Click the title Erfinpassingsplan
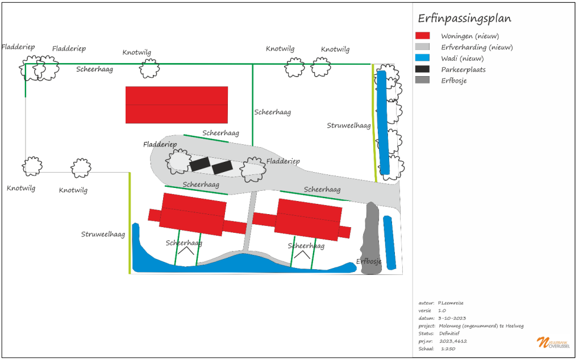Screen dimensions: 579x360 [x=464, y=18]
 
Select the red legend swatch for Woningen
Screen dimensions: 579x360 [x=422, y=35]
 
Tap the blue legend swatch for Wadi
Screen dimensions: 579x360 [x=422, y=57]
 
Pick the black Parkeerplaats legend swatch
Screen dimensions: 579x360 [x=422, y=69]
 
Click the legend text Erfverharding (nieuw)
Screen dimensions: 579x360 [x=477, y=47]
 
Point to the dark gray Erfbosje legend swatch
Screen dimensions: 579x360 [x=422, y=79]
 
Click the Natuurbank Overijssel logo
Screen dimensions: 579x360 [x=553, y=342]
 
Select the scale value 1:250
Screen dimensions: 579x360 [x=448, y=349]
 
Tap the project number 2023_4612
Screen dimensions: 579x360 [x=453, y=341]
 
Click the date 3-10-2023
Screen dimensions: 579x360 [x=452, y=318]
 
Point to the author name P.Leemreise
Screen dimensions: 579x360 [x=451, y=303]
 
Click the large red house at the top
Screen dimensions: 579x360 [x=177, y=104]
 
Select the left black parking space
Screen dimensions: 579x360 [x=200, y=164]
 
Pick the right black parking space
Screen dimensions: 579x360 [x=222, y=167]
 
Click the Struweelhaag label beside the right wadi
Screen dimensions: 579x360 [x=348, y=125]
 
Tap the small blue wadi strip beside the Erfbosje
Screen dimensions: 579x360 [x=390, y=242]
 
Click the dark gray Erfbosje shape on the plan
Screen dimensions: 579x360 [x=370, y=238]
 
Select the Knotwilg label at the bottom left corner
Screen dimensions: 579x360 [x=21, y=188]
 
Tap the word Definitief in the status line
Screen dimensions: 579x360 [x=449, y=333]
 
